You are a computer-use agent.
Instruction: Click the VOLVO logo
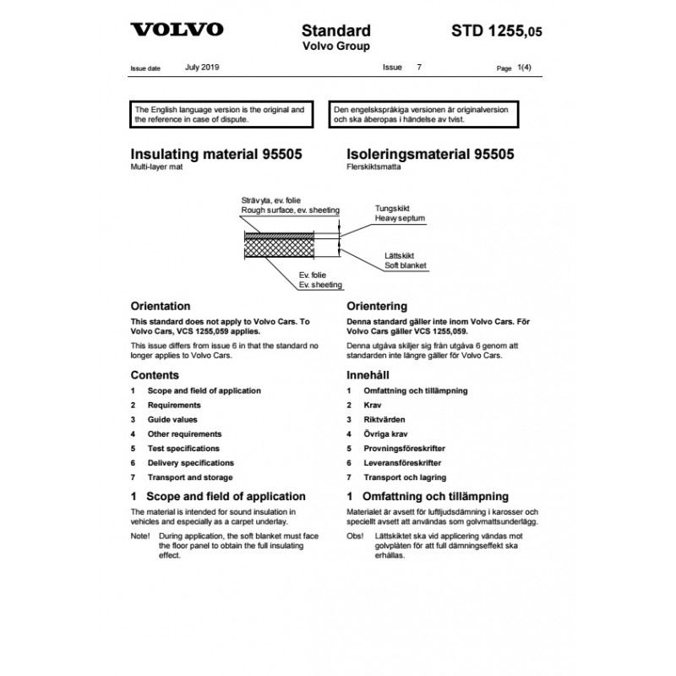pos(177,30)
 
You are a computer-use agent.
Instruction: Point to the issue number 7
pos(417,66)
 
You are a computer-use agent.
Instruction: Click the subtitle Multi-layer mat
pos(156,169)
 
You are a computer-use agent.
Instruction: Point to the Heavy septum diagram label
pos(400,218)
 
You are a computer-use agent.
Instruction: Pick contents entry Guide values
pos(174,419)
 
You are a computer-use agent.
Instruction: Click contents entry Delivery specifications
pos(190,463)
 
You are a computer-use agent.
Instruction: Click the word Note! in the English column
pos(140,537)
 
